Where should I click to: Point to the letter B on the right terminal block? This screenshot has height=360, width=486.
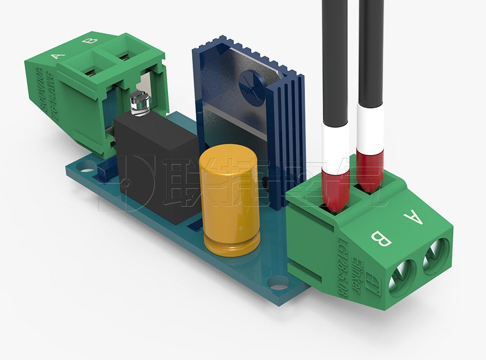pos(381,238)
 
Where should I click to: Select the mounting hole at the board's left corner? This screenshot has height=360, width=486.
pos(89,165)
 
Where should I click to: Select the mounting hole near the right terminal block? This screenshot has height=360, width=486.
pos(278,283)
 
